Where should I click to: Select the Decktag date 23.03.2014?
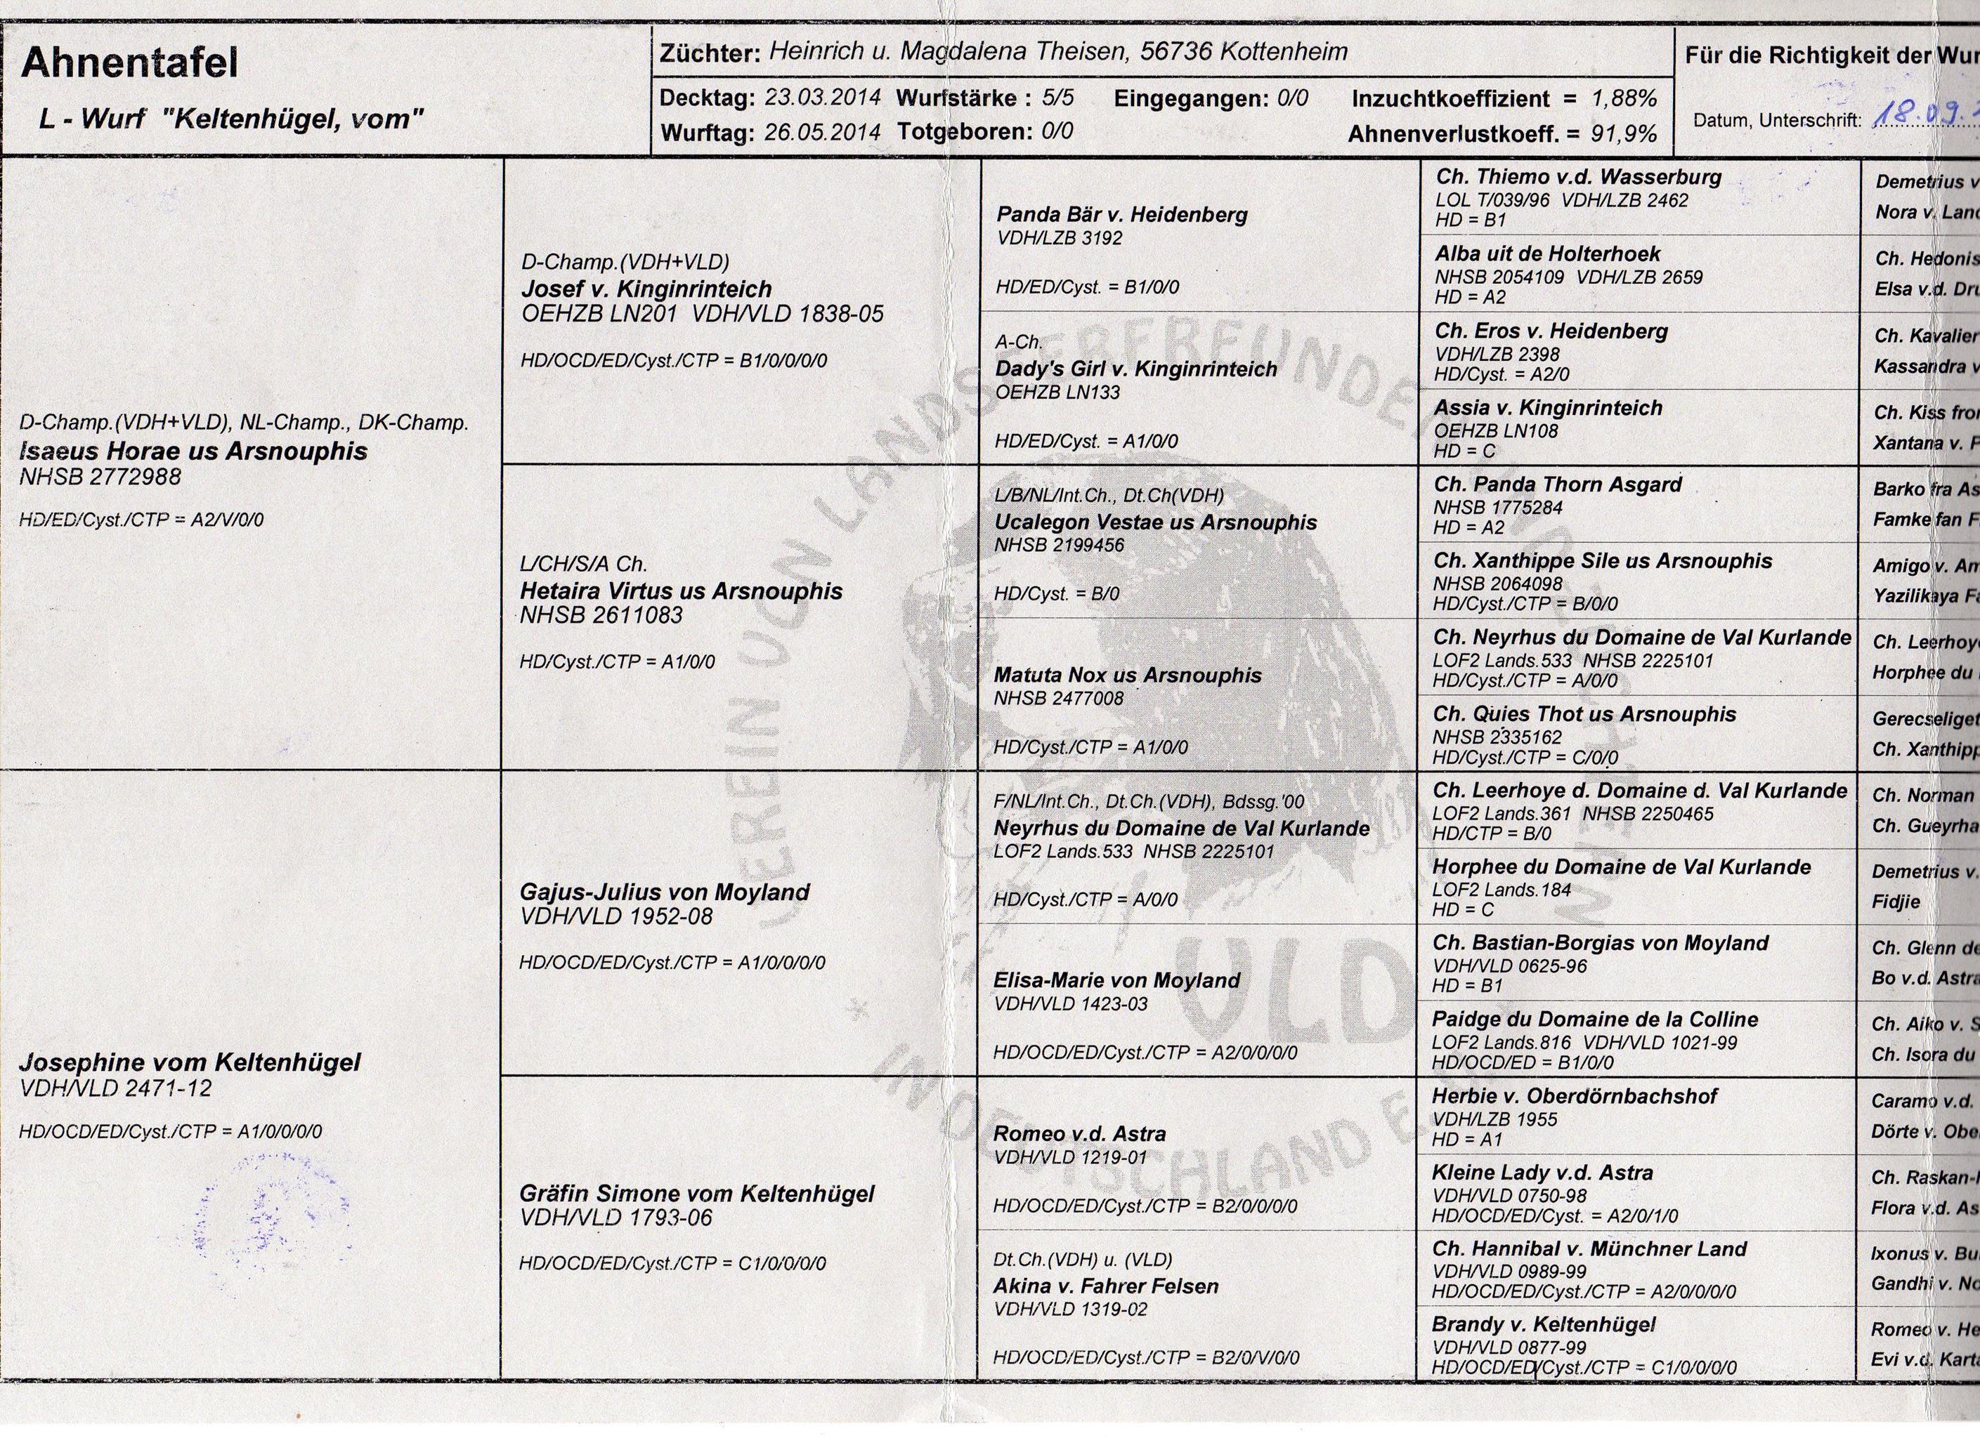822,97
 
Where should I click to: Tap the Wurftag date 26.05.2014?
822,133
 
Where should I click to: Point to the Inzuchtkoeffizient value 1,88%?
1624,98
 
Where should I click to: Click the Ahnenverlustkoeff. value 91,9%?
1624,133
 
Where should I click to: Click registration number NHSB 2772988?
100,477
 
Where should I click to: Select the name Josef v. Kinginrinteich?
646,289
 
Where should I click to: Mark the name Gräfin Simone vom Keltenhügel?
697,1194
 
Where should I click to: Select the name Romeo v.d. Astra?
1080,1133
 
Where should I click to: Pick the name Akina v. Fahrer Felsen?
1105,1286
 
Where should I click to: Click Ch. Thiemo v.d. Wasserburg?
1578,177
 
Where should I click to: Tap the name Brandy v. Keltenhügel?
1544,1324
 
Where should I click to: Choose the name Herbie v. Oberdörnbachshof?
1575,1096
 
